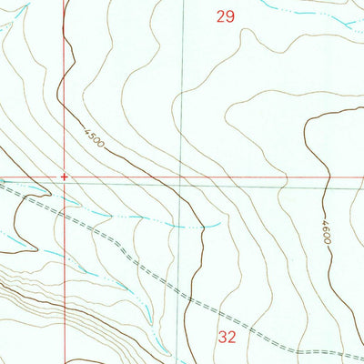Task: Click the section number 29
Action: click(x=227, y=15)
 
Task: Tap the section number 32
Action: click(x=227, y=337)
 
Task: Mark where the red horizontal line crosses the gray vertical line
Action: click(x=182, y=177)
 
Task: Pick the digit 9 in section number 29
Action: click(x=231, y=15)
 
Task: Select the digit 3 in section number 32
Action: click(x=223, y=337)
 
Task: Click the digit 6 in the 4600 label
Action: click(x=326, y=228)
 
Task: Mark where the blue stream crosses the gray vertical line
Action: click(x=183, y=225)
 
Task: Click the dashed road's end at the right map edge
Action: click(x=362, y=353)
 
